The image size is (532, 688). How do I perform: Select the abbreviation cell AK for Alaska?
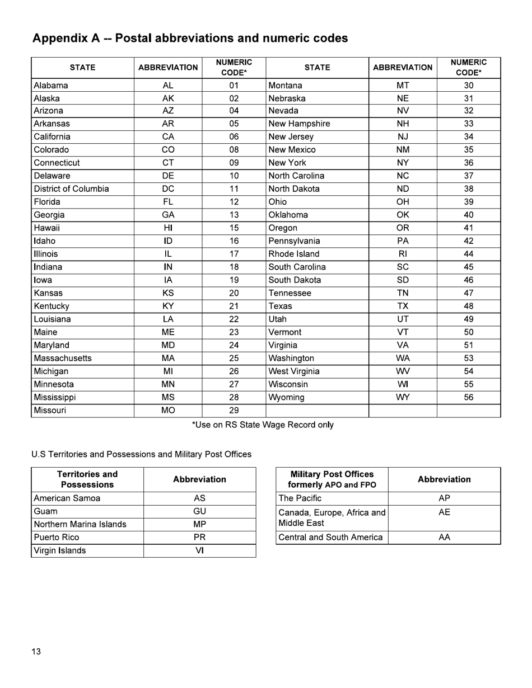(168, 98)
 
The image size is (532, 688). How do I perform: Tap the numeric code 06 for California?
(234, 137)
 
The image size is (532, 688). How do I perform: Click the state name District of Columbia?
(71, 189)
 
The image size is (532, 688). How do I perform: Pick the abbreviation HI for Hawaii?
(168, 228)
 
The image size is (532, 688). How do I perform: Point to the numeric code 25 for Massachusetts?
(234, 359)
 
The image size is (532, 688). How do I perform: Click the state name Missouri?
(50, 411)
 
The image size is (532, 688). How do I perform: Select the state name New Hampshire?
(299, 124)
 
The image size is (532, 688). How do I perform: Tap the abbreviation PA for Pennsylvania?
(403, 241)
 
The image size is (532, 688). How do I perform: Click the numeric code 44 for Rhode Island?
(469, 254)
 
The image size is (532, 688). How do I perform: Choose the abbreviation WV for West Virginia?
(403, 371)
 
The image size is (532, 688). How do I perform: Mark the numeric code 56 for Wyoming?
(469, 397)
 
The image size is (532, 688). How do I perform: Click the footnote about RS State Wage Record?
(263, 425)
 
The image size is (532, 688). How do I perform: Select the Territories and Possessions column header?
(87, 479)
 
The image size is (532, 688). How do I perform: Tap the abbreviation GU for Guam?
(199, 511)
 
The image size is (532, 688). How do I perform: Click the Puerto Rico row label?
(57, 538)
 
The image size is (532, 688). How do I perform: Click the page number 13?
(36, 652)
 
